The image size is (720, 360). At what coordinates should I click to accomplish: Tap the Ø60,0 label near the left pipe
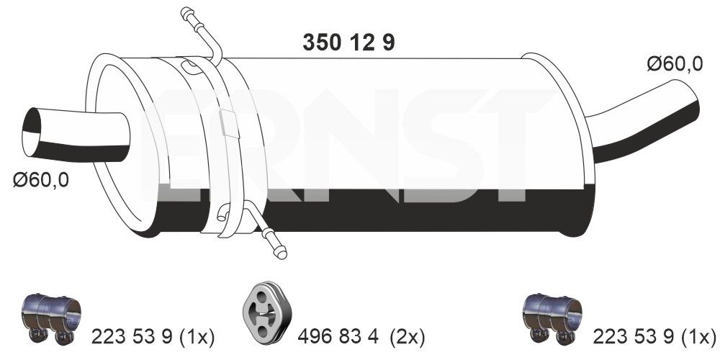coord(40,180)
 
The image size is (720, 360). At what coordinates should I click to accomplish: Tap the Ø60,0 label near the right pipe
coord(674,64)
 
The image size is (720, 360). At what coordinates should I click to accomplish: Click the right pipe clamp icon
coord(551,318)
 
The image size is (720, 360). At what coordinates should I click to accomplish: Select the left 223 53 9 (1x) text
coord(153,336)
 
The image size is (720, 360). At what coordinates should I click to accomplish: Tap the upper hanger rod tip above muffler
coord(187,12)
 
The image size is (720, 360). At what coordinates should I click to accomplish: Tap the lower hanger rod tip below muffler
coord(280,251)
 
